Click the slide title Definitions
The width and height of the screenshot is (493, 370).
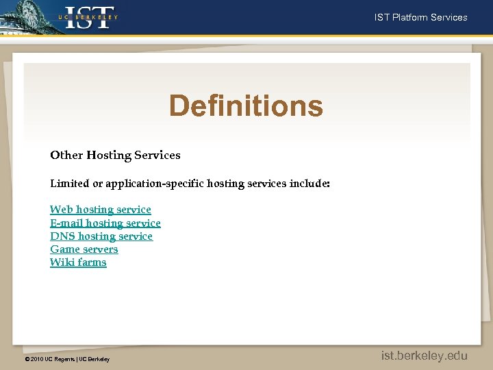click(246, 106)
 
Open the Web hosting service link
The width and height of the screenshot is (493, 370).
click(100, 210)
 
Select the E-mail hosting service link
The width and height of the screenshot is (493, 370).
click(105, 223)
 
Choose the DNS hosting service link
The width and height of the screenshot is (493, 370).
click(101, 236)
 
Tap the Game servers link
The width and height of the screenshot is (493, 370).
click(84, 249)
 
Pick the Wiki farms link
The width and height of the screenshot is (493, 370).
click(78, 262)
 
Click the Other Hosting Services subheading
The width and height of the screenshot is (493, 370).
click(115, 155)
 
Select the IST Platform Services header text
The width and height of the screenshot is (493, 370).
click(420, 17)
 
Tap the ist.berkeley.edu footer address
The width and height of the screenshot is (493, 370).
click(425, 355)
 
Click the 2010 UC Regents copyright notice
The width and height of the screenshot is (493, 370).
click(66, 359)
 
